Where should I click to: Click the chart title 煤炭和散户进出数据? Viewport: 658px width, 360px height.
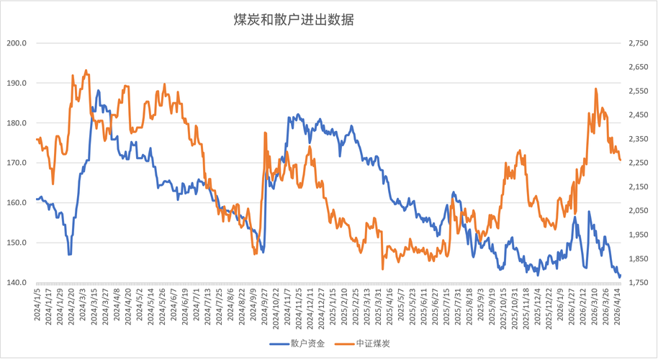(x=294, y=20)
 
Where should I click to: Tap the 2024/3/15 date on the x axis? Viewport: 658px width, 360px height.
(x=94, y=305)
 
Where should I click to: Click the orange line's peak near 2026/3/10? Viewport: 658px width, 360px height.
(x=596, y=89)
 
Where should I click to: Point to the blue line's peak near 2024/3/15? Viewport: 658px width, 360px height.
(x=99, y=91)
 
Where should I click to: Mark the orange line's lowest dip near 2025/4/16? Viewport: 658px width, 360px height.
(x=382, y=269)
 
